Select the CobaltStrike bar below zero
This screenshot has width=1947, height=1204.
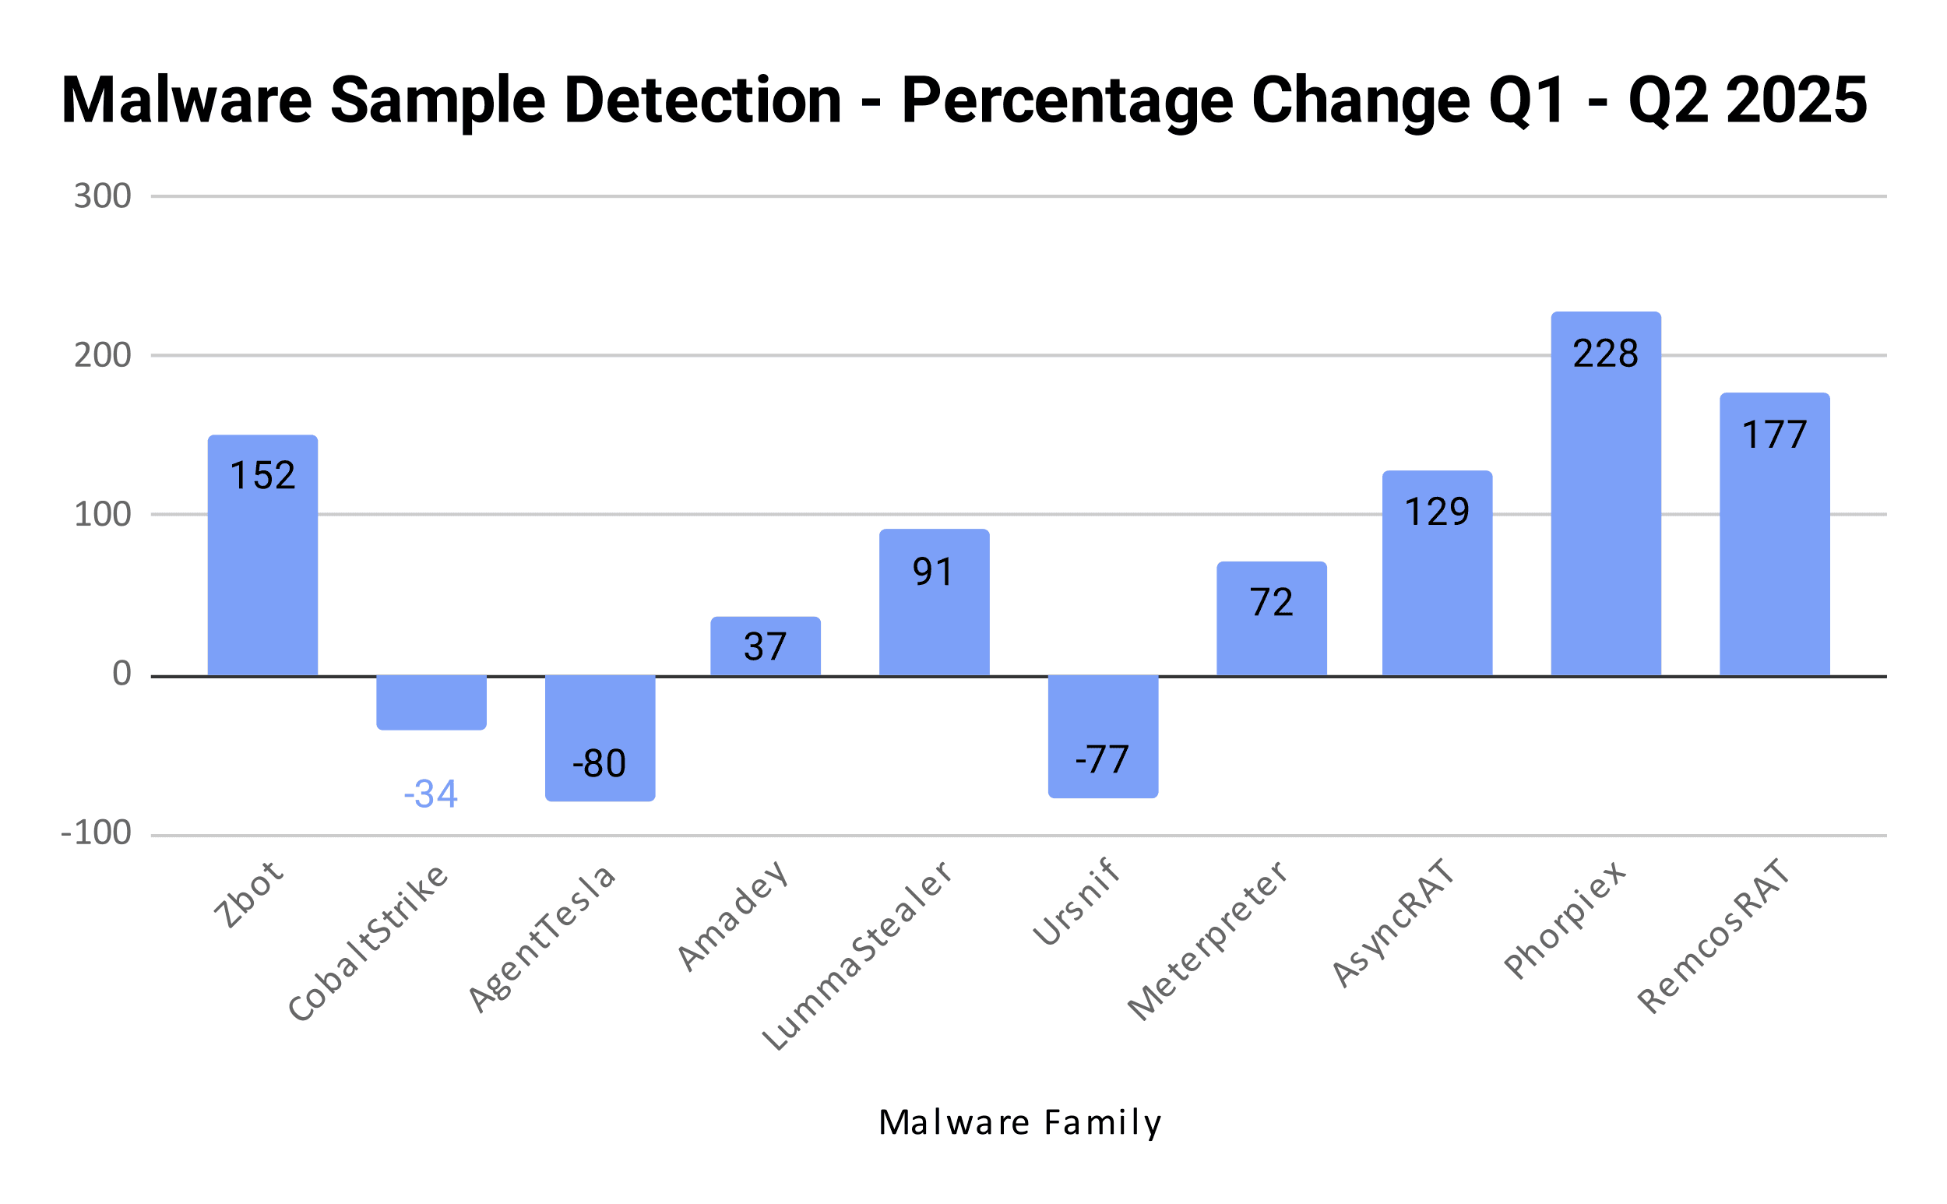[x=431, y=702]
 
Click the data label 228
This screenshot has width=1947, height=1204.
[x=1605, y=354]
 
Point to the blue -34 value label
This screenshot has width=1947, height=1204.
[x=431, y=794]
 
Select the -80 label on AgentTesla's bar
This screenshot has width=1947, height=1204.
[x=600, y=764]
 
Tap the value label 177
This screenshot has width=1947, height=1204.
[x=1774, y=435]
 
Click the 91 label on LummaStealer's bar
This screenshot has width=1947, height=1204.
[x=933, y=572]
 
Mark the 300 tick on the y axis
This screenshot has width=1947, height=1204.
[x=103, y=196]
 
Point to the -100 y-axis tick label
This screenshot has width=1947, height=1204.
[x=96, y=833]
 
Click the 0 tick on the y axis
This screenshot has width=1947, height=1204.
[x=121, y=674]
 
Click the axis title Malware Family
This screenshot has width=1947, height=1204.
[x=1020, y=1123]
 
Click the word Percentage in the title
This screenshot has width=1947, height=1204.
[x=1067, y=101]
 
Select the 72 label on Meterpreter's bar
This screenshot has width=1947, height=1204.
[x=1272, y=602]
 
